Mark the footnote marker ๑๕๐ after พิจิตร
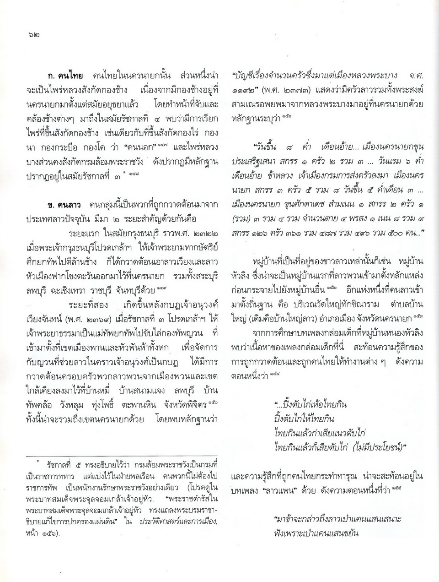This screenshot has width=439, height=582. (214, 402)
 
